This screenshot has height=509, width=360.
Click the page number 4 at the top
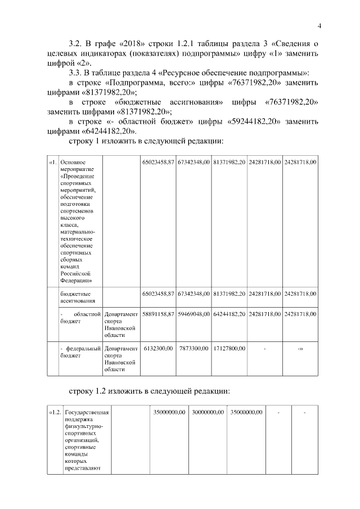pyautogui.click(x=319, y=26)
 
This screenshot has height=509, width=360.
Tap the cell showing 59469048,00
pyautogui.click(x=194, y=313)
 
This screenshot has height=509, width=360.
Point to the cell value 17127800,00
pyautogui.click(x=229, y=349)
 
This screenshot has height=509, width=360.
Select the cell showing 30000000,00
pyautogui.click(x=208, y=413)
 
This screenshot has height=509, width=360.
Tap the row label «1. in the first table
pyautogui.click(x=52, y=163)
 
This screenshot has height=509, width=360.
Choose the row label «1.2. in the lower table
pyautogui.click(x=55, y=413)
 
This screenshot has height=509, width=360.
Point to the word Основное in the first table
pyautogui.click(x=72, y=163)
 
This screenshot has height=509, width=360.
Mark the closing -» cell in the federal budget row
pyautogui.click(x=300, y=349)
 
